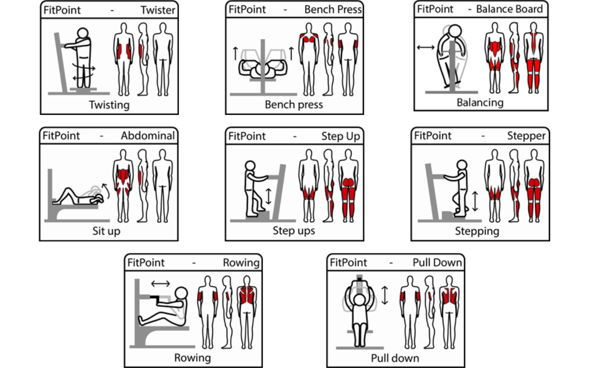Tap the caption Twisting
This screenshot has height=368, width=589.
point(109,104)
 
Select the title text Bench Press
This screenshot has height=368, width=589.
point(333,10)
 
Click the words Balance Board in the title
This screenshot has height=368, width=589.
point(509,9)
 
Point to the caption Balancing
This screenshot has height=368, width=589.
point(480,102)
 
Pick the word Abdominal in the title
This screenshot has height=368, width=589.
point(148,136)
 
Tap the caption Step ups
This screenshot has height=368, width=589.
point(294,230)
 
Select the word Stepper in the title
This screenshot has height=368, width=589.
point(526,136)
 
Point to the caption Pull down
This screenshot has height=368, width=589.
point(395,358)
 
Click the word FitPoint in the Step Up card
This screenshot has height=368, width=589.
point(247,136)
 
